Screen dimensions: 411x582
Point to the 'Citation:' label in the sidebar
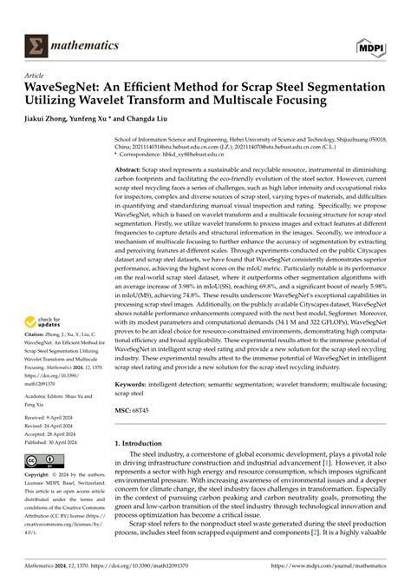36,331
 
